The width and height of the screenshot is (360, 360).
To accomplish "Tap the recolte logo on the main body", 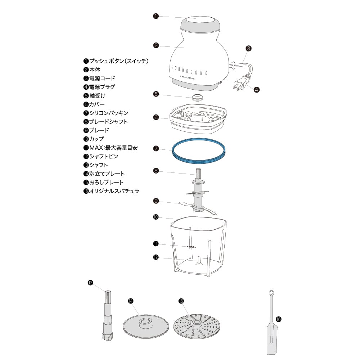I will [x=187, y=77].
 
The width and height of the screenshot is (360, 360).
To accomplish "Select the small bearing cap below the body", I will [x=197, y=97].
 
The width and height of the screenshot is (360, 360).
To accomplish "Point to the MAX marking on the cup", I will [x=191, y=247].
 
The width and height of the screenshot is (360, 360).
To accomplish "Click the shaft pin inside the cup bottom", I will [x=198, y=260].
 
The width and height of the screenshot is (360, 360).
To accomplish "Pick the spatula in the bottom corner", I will [x=270, y=324].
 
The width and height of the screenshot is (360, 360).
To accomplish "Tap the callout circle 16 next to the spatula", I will [x=278, y=319].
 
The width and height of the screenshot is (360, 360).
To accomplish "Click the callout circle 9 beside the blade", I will [x=156, y=201].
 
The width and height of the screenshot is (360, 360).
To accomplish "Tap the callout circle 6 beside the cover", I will [x=156, y=117].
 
